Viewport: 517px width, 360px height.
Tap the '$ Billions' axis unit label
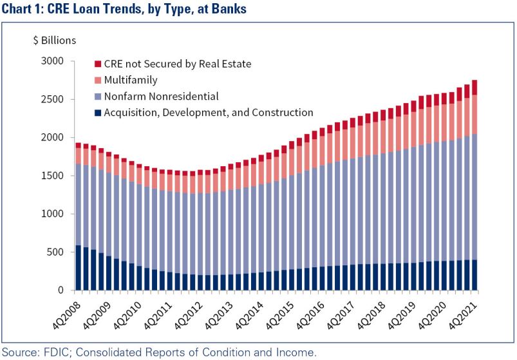click(54, 40)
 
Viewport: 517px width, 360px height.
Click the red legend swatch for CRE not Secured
click(98, 64)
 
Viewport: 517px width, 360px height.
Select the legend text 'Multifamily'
click(133, 81)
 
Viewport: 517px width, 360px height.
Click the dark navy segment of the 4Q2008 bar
click(78, 267)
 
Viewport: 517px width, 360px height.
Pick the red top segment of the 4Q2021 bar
click(475, 88)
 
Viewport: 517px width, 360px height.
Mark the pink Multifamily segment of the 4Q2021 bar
click(475, 115)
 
